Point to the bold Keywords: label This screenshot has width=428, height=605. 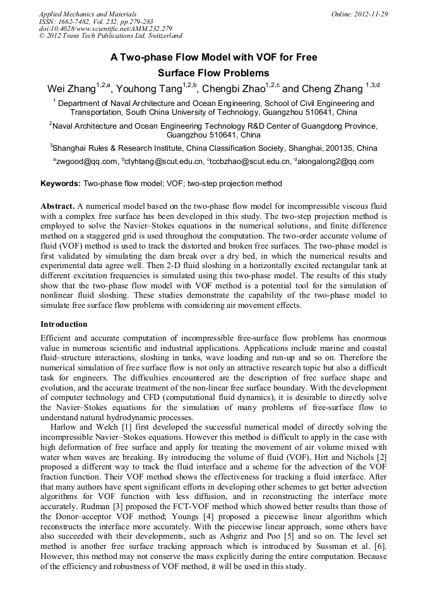coord(61,184)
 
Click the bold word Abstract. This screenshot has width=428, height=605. coord(57,206)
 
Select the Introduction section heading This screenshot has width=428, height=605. coord(64,324)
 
